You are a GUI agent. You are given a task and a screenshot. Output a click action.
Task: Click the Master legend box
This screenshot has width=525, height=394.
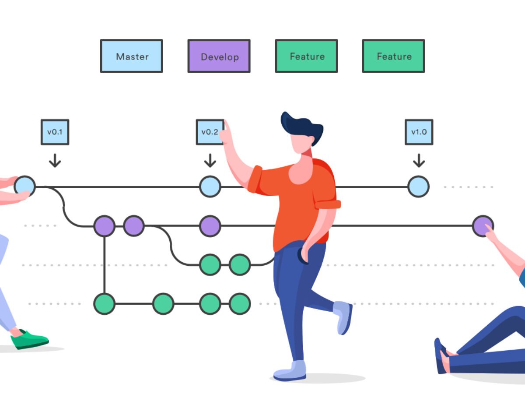click(x=131, y=56)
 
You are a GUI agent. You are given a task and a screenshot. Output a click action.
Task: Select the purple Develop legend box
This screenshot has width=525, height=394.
click(x=219, y=56)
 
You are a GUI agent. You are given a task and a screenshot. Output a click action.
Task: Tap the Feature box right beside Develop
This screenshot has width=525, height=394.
click(x=306, y=56)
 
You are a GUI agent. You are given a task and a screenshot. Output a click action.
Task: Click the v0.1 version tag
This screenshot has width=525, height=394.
click(x=55, y=132)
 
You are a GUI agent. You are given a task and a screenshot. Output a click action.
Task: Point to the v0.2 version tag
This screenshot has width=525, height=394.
click(x=210, y=132)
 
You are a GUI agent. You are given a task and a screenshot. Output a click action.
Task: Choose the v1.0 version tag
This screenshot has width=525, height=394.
click(x=419, y=132)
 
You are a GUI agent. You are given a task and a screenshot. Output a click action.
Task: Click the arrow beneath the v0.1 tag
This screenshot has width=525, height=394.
click(x=55, y=160)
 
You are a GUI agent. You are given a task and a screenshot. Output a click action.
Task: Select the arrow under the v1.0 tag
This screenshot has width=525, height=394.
click(x=419, y=160)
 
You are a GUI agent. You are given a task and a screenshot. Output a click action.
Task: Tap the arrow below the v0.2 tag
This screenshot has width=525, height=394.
click(x=210, y=160)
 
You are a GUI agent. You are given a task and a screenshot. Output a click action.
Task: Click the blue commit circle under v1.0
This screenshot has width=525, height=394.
click(x=418, y=186)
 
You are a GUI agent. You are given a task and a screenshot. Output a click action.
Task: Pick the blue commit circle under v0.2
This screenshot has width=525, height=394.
click(x=210, y=186)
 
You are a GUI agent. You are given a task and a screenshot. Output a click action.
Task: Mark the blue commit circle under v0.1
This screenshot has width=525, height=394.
click(x=24, y=186)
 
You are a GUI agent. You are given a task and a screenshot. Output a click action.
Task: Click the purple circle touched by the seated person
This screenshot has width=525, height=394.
click(x=483, y=226)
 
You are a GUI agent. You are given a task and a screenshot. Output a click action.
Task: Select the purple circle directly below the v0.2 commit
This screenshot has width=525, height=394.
click(x=210, y=226)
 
